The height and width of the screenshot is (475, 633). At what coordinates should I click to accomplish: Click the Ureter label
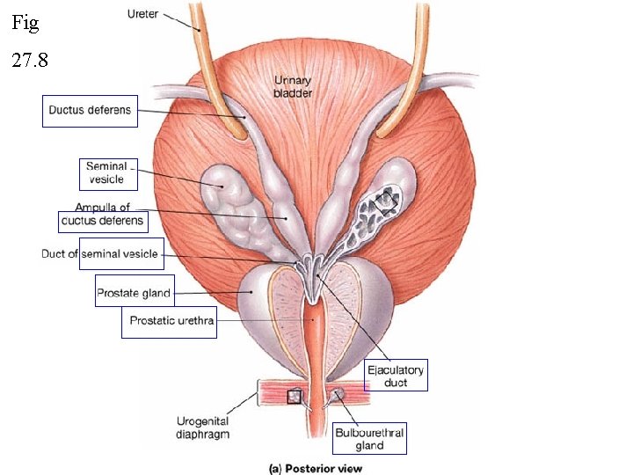(142, 14)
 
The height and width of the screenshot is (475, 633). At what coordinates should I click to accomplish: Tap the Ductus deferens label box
(90, 111)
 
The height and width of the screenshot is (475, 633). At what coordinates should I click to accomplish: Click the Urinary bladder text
(293, 87)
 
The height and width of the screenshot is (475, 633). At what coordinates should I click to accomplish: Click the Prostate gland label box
(134, 291)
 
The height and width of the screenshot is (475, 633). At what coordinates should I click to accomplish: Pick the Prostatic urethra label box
(171, 321)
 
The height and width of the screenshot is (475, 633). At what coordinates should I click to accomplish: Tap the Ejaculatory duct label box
(396, 376)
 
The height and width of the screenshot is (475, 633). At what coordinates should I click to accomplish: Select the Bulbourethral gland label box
(369, 439)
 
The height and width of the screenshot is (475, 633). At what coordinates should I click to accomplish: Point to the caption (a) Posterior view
(315, 468)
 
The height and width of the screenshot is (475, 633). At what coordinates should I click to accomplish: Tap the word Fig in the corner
(25, 24)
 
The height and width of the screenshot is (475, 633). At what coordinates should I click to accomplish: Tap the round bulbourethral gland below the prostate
(338, 395)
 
